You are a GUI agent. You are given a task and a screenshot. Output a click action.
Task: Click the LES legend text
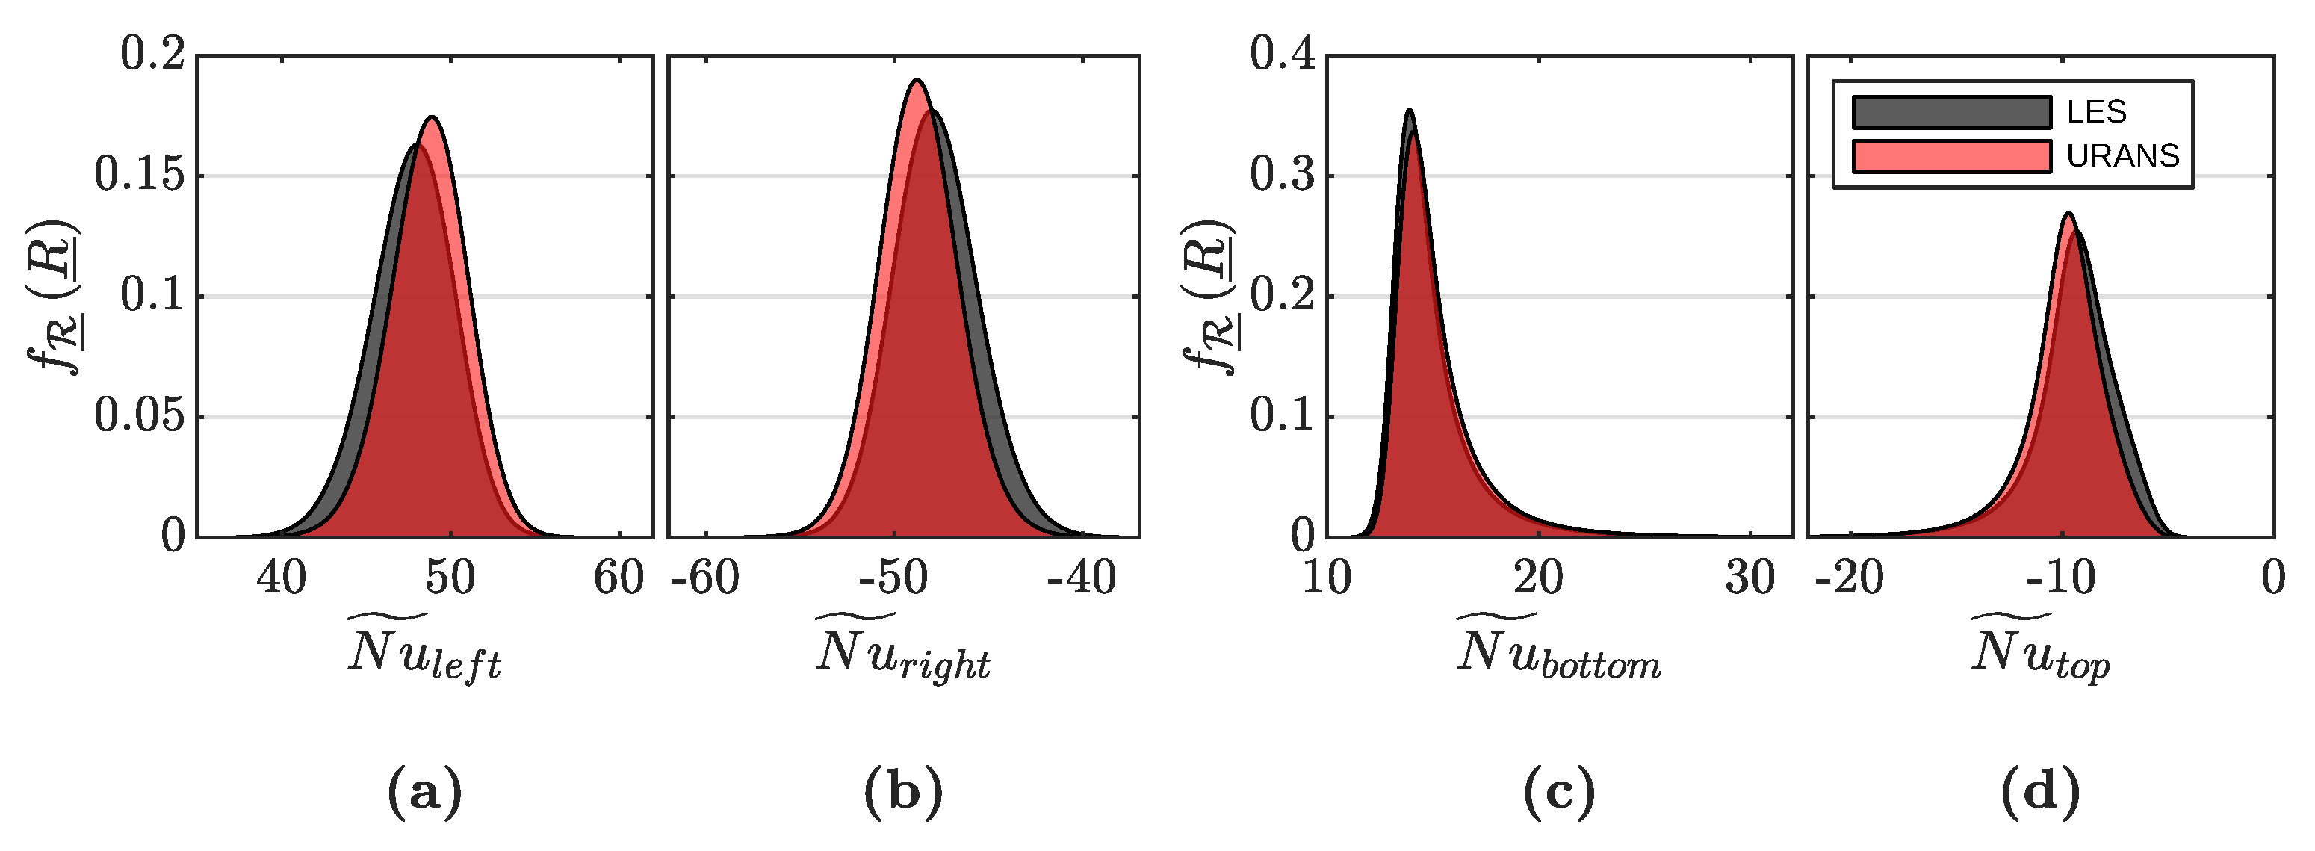point(2097,112)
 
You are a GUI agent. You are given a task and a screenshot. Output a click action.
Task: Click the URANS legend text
point(2123,156)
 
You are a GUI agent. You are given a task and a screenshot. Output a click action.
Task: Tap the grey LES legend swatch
point(1951,112)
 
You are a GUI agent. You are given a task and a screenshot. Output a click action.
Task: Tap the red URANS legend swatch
point(1951,156)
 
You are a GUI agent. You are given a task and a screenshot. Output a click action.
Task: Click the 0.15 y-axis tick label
point(139,176)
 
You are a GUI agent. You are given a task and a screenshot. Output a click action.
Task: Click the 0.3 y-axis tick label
point(1282,176)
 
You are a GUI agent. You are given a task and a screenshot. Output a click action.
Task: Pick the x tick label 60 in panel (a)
point(619,578)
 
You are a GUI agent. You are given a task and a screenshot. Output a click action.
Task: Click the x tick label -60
point(705,578)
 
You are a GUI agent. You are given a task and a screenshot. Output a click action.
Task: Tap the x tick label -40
point(1082,578)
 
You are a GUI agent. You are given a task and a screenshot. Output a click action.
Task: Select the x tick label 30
point(1750,578)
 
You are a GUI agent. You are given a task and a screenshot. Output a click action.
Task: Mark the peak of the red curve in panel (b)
point(916,81)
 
